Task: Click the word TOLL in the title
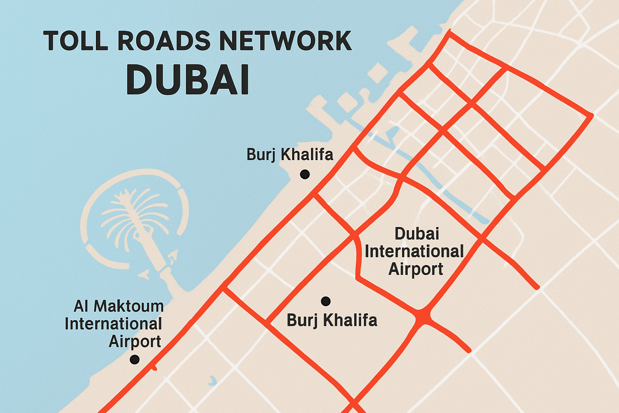pyautogui.click(x=76, y=41)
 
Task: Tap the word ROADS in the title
pyautogui.click(x=164, y=41)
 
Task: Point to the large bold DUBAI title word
pyautogui.click(x=188, y=79)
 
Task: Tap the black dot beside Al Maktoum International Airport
pyautogui.click(x=135, y=359)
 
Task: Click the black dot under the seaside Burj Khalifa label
pyautogui.click(x=305, y=174)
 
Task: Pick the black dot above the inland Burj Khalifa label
pyautogui.click(x=326, y=301)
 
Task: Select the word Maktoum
pyautogui.click(x=129, y=307)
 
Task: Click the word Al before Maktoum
pyautogui.click(x=81, y=307)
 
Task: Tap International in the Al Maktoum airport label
pyautogui.click(x=113, y=324)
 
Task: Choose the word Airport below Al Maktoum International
pyautogui.click(x=135, y=342)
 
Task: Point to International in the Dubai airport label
pyautogui.click(x=414, y=252)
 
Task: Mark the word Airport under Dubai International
pyautogui.click(x=416, y=269)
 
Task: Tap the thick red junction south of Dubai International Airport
pyautogui.click(x=422, y=315)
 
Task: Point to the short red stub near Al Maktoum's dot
pyautogui.click(x=154, y=367)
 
